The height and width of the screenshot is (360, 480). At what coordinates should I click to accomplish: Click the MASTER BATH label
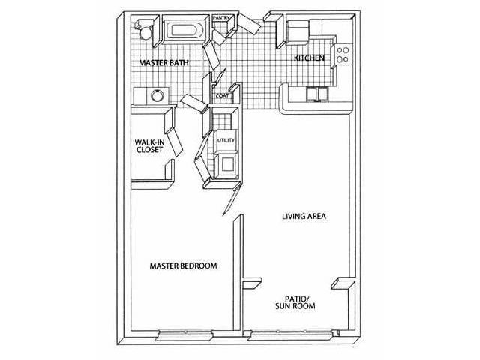coord(163,63)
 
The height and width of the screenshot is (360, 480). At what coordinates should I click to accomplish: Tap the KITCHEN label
coord(309,58)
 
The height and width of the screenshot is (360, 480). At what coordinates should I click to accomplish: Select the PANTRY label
coord(221,18)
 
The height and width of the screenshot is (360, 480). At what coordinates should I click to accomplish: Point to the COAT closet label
coord(222,95)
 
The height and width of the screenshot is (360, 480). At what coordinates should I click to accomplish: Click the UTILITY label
coord(226,140)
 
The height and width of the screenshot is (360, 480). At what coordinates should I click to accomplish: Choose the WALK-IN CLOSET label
coord(149,146)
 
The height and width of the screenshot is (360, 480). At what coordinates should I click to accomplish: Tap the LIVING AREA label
coord(304,217)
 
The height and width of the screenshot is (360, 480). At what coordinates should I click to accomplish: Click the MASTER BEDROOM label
coord(183,265)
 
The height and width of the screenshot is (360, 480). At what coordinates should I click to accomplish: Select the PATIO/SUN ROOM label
coord(295,302)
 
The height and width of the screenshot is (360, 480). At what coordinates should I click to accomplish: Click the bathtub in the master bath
coord(184,30)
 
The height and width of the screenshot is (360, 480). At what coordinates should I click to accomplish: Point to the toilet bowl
coord(145,33)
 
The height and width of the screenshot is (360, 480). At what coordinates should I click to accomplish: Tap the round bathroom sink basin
coord(157,95)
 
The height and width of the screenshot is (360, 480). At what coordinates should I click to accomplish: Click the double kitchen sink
coord(318,94)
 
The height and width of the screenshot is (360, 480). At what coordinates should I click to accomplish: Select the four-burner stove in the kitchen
coord(343,55)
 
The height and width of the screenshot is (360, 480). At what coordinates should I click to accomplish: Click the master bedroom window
coord(184,333)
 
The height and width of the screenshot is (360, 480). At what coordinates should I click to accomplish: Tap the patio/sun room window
coord(290,333)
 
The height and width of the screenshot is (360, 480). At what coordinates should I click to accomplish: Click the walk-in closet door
coord(174,142)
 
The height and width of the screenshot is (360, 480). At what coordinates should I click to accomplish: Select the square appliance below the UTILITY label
coord(227,166)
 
